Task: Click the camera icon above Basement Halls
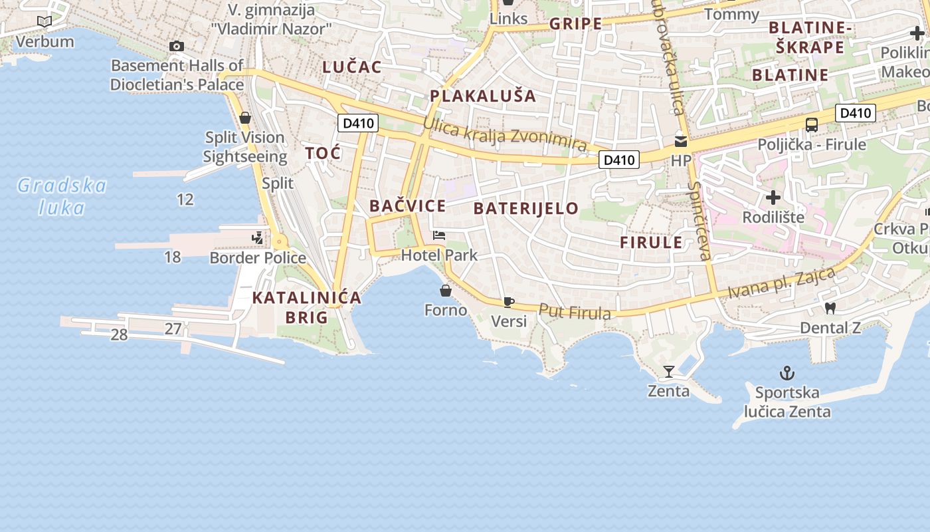coord(176,46)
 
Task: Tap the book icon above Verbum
coord(45,22)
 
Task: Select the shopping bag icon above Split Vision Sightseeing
coord(245,118)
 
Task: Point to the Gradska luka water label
coord(61,196)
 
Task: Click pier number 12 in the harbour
coord(185,199)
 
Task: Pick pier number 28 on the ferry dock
coord(119,334)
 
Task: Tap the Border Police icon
coord(257,237)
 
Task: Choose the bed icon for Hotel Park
coord(439,235)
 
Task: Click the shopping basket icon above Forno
coord(446,291)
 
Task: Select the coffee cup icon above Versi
coord(509,303)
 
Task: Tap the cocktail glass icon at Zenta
coord(669,372)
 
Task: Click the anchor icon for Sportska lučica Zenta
coord(787,373)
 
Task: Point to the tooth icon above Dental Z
coord(830,308)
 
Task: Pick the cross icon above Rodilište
coord(773,198)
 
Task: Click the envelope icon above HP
coord(681,141)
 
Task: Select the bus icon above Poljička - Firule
coord(812,124)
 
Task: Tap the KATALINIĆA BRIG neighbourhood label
coord(307,307)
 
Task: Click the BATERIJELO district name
coord(526,208)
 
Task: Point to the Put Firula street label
coord(575,311)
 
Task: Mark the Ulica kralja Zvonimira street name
coord(505,135)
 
